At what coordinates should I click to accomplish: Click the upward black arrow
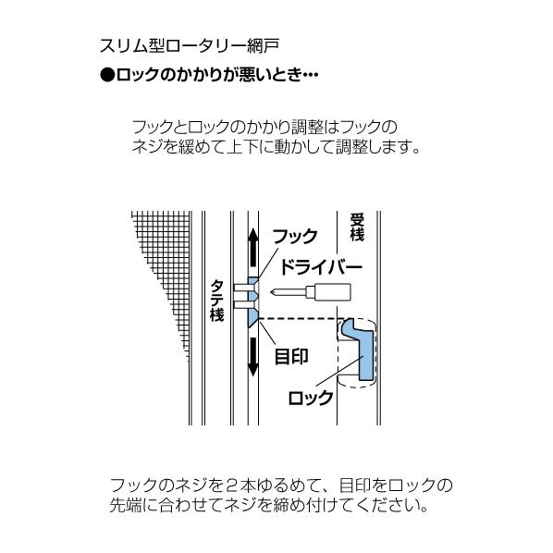click(x=252, y=247)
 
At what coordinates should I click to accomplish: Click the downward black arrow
click(x=252, y=357)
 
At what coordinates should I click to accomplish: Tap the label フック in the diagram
click(x=295, y=237)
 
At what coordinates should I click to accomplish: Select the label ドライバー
click(x=321, y=267)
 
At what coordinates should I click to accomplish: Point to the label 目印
click(x=291, y=357)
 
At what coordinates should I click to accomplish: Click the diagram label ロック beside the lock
click(x=311, y=399)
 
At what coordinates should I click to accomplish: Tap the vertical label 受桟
click(x=357, y=227)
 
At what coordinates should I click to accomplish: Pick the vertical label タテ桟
click(x=216, y=301)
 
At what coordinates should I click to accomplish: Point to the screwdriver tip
click(x=272, y=292)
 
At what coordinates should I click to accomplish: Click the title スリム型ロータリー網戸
click(x=190, y=46)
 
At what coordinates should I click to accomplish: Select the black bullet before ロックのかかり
click(x=107, y=75)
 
